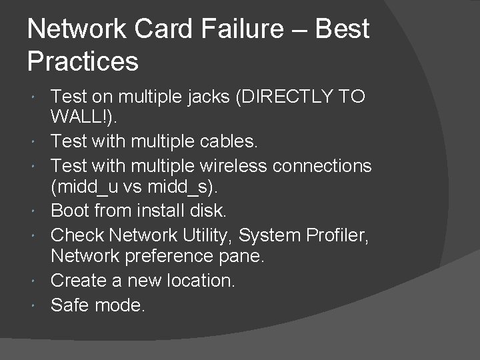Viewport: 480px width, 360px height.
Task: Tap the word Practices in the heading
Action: click(x=83, y=62)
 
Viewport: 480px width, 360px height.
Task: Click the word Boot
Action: click(x=69, y=211)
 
